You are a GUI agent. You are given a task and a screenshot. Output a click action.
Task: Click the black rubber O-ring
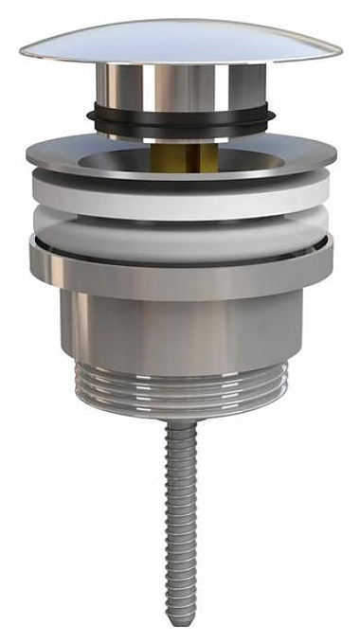180,120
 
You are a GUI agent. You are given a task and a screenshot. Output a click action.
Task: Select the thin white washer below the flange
180,206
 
